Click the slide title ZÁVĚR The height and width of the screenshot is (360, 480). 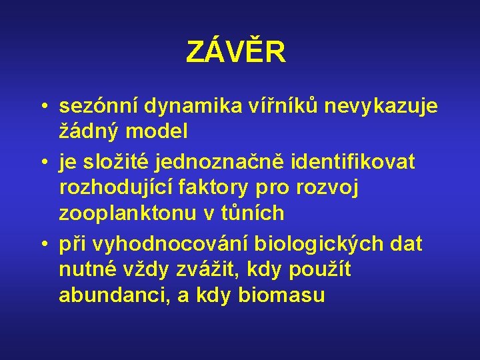pyautogui.click(x=236, y=52)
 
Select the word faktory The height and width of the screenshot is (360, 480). pyautogui.click(x=219, y=189)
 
